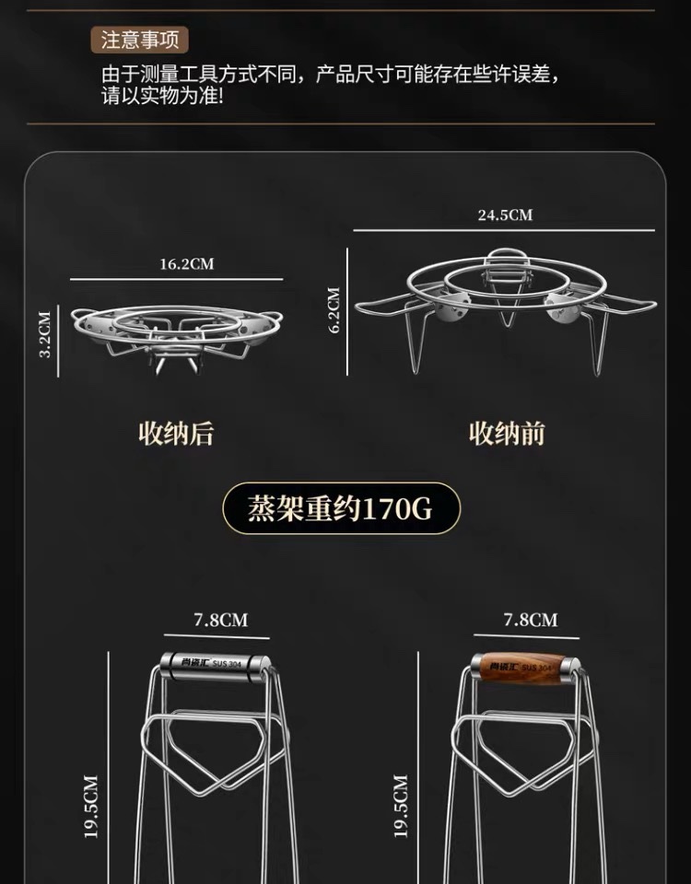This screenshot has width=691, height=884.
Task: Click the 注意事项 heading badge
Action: pos(140,41)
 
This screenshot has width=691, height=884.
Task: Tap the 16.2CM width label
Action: pos(186,264)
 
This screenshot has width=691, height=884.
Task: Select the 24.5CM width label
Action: pos(505,215)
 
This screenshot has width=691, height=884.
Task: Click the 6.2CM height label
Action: pos(334,309)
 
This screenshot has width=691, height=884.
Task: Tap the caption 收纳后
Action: pos(176,433)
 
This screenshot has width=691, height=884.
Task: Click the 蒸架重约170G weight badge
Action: pos(340,508)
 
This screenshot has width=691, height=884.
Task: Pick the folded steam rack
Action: pos(177,333)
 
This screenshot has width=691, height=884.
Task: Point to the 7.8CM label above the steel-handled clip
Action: pos(220,620)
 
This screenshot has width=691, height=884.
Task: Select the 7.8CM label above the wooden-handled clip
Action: pos(530,620)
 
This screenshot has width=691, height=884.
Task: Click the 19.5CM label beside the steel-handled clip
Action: pos(89,806)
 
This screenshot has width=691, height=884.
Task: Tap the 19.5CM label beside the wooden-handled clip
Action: pos(400,806)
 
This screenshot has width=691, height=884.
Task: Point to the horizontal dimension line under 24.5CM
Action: pos(503,231)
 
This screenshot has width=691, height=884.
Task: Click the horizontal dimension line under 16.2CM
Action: pos(175,279)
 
